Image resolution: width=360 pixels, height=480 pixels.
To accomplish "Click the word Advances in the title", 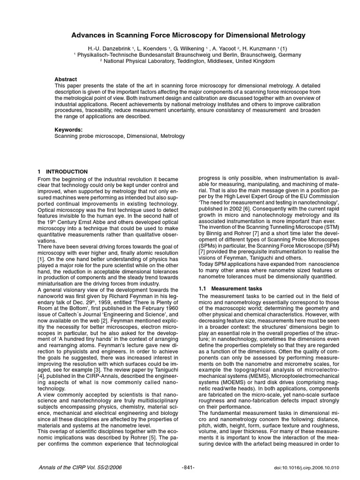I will pyautogui.click(x=87, y=35).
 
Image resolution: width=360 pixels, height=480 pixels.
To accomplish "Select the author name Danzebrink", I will pyautogui.click(x=112, y=48).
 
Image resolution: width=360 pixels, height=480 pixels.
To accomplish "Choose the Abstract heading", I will pyautogui.click(x=66, y=79).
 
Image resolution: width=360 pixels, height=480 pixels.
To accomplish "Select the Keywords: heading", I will pyautogui.click(x=68, y=129).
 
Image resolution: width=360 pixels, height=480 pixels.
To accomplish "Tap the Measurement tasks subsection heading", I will pyautogui.click(x=233, y=289).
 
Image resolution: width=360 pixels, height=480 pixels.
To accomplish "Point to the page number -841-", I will pyautogui.click(x=187, y=468).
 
